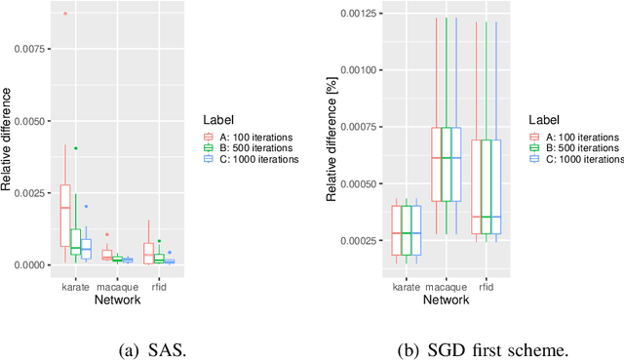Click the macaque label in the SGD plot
click(x=446, y=288)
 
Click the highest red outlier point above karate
click(x=64, y=14)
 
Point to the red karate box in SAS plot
click(x=64, y=215)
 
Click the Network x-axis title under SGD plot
click(x=446, y=300)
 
